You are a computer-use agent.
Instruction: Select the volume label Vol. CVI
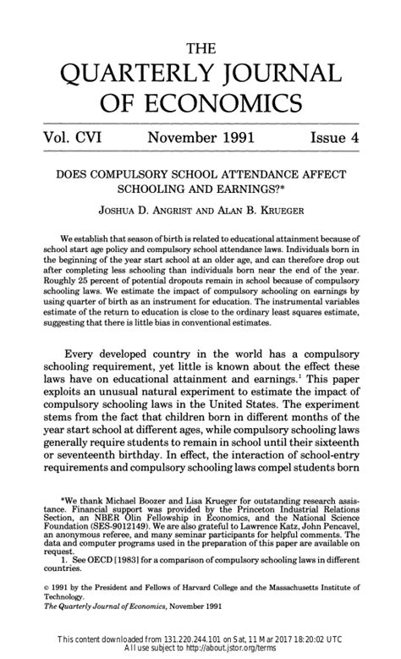click(69, 137)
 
